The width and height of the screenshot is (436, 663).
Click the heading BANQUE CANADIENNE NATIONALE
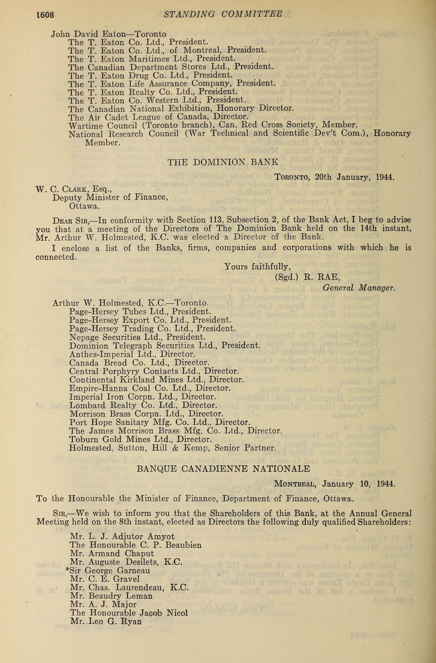[223, 469]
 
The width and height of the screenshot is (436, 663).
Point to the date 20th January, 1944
[354, 177]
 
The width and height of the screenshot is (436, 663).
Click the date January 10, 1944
[359, 484]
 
